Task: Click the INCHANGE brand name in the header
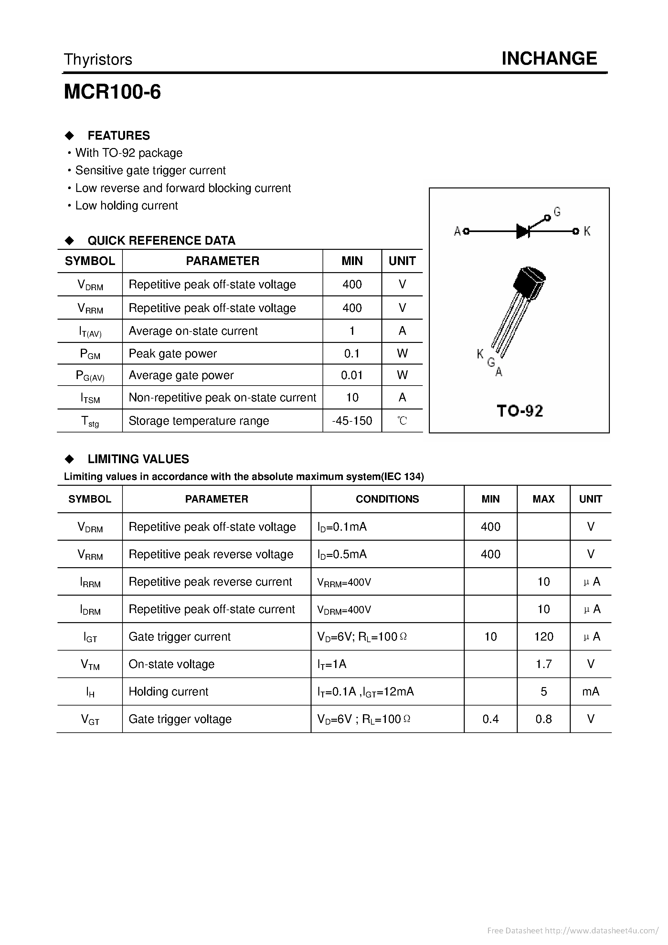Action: click(549, 58)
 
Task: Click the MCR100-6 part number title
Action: click(112, 92)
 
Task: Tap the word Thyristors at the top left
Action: click(98, 60)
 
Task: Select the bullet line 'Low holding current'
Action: click(126, 205)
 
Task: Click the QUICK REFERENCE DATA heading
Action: click(161, 240)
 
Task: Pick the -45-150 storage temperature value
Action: click(352, 421)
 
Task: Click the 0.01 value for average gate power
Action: click(352, 375)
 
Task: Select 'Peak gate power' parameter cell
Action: click(173, 354)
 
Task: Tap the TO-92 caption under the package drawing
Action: click(520, 411)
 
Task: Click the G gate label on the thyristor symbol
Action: click(557, 212)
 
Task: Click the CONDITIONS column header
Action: click(387, 499)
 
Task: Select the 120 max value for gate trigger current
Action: click(543, 637)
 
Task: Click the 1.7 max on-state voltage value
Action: click(543, 664)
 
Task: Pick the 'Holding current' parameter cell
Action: click(168, 692)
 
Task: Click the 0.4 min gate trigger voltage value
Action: click(490, 719)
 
